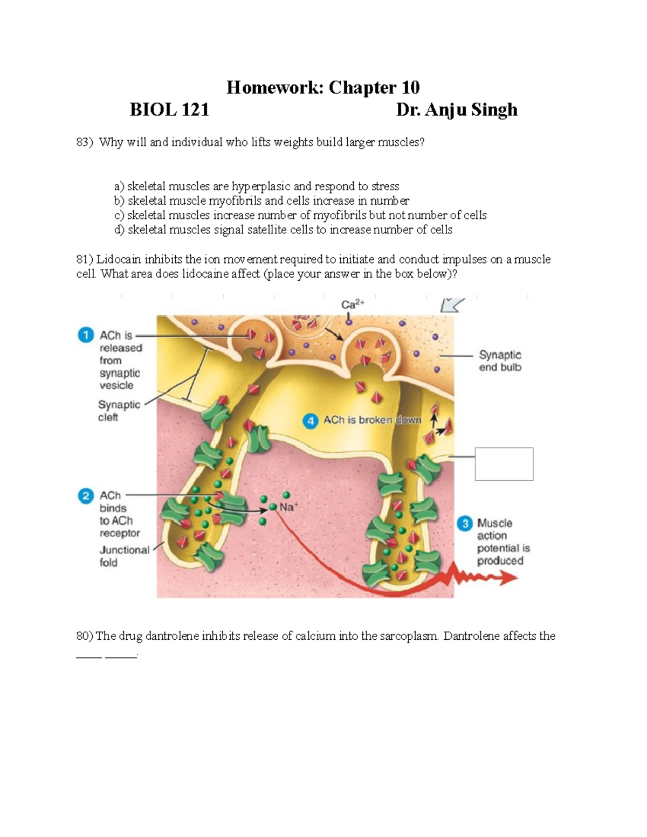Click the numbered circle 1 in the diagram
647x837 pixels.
tap(86, 335)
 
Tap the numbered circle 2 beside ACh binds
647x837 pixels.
tap(86, 495)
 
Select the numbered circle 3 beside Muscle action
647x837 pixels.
tap(465, 523)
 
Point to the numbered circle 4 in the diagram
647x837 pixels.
tap(310, 421)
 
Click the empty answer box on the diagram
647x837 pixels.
tap(504, 464)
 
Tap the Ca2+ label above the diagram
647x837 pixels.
tap(353, 305)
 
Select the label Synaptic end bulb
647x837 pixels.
tap(500, 361)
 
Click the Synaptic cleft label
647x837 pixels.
tap(119, 411)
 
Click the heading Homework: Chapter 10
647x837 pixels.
tap(322, 87)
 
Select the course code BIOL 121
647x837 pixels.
tap(169, 110)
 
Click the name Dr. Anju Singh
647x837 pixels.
tap(456, 110)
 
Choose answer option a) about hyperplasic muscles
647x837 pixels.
tap(257, 186)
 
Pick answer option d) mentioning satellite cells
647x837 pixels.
tap(283, 230)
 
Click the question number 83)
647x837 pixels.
tap(85, 142)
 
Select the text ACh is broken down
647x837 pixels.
tap(372, 420)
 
